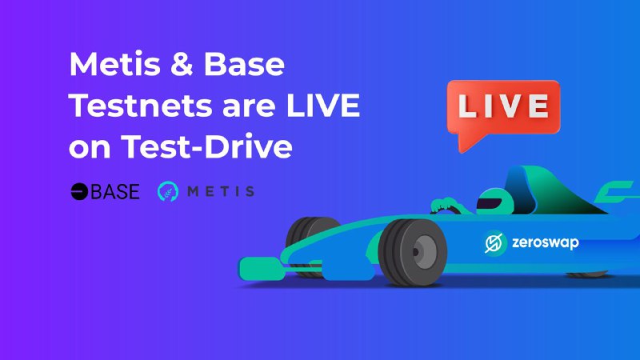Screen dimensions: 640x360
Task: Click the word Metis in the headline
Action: coord(114,64)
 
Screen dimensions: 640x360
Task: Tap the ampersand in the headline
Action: coord(182,64)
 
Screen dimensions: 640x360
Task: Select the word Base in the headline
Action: coord(244,64)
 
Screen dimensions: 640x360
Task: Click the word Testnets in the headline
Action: coord(141,106)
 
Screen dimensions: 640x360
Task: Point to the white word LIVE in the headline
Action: coord(323,106)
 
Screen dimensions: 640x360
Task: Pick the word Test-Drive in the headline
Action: coord(206,146)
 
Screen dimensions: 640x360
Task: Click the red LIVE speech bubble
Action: coord(503,107)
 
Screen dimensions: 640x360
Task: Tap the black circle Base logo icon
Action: coord(79,191)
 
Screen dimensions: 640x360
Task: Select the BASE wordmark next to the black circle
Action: coord(115,191)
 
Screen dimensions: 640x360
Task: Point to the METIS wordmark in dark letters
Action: coord(221,191)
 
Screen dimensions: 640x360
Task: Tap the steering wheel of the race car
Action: coord(448,209)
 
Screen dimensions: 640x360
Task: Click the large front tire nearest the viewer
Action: coord(412,252)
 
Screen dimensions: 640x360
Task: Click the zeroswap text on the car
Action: coord(546,242)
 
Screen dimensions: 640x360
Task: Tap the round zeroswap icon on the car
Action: coord(494,242)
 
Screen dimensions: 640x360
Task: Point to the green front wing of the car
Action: coord(262,269)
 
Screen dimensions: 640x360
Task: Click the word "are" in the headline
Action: coord(249,107)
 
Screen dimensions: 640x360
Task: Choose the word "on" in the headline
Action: coord(90,149)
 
